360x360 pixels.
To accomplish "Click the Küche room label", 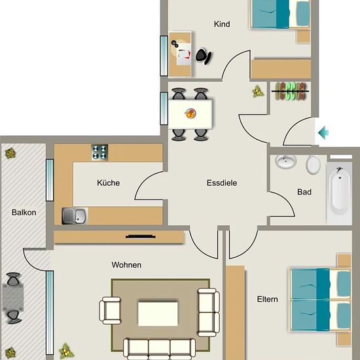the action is pos(109,183).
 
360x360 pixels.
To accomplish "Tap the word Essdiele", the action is pos(222,183).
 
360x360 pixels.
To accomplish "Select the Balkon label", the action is pos(24,212).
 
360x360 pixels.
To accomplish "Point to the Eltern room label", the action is pos(267,299).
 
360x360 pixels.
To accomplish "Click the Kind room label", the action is pos(222,24).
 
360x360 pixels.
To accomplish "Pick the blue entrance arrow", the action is pos(323,132).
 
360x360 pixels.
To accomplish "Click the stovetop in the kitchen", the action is pos(99,153).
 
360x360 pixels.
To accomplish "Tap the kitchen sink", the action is pos(75,216).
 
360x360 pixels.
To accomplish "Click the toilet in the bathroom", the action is pos(313,164).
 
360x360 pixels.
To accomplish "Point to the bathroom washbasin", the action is pos(286,162).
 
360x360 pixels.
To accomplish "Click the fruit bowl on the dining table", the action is pos(190,114).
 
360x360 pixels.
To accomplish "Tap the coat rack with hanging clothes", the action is pos(290,92).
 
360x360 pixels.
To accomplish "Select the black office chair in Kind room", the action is pos(204,56).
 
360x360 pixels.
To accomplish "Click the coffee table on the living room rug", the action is pos(158,314).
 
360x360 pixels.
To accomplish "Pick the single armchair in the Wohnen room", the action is pos(110,310).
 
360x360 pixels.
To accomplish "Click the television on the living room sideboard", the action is pos(141,236).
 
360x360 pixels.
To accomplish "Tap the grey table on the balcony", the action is pos(13,297).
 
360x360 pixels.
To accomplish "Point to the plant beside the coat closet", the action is pos(258,92).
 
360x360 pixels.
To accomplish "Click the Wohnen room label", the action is pos(126,265).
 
